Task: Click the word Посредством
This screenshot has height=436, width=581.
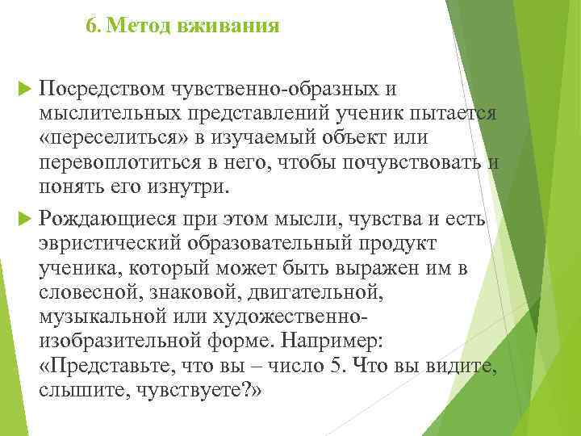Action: click(x=100, y=87)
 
